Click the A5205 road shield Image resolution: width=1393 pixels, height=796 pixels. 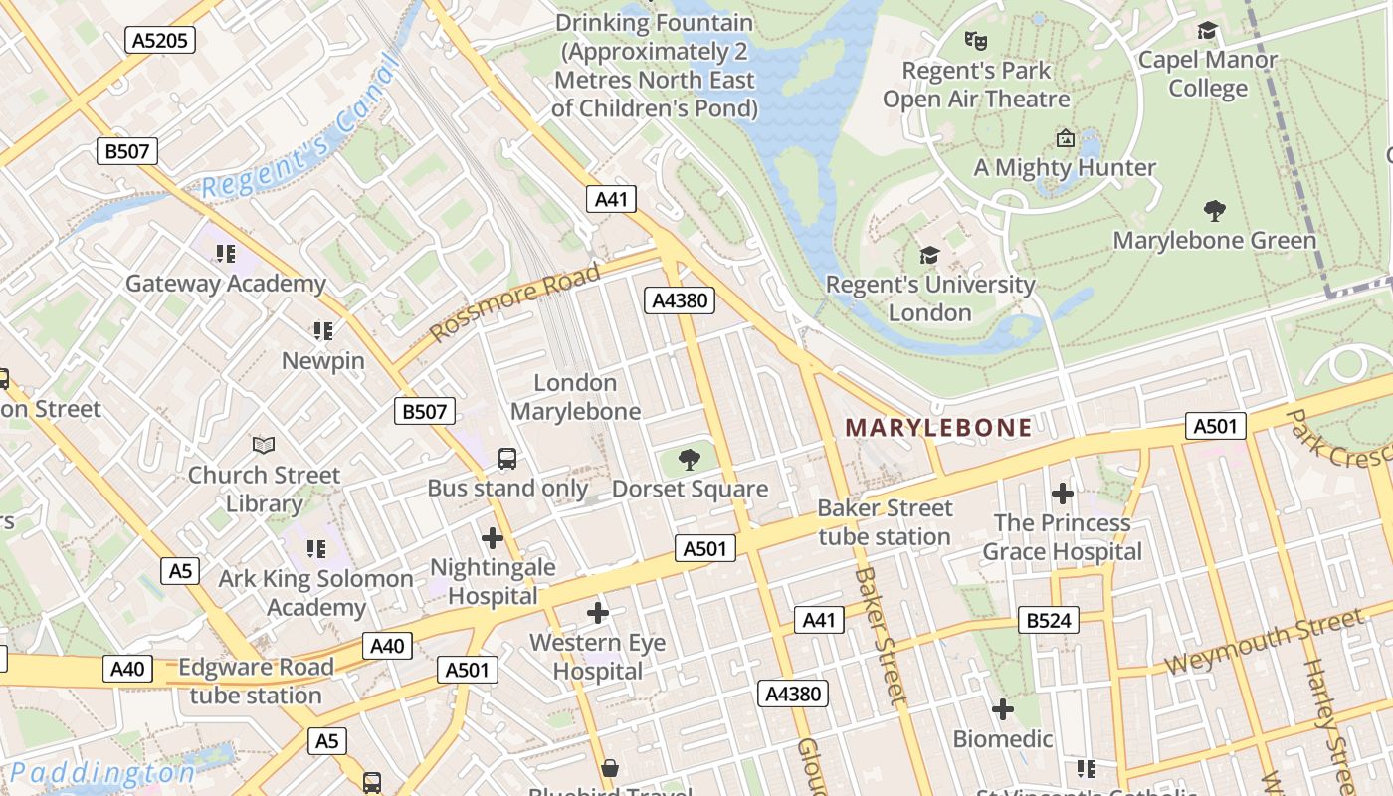click(160, 40)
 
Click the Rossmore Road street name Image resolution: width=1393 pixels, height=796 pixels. click(517, 300)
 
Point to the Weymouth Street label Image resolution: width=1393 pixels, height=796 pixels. click(1262, 645)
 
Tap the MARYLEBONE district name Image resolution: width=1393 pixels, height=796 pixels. click(938, 428)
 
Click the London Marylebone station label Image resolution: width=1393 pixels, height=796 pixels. click(575, 397)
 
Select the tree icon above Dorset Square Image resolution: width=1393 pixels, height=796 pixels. click(689, 459)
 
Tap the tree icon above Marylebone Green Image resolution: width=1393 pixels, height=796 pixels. click(1214, 210)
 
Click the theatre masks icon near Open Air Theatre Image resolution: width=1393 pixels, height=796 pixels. click(975, 41)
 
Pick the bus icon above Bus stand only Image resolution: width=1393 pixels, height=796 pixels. click(507, 459)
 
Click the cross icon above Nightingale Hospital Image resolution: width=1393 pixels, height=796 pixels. click(492, 538)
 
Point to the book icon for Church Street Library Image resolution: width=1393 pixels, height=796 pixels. click(264, 445)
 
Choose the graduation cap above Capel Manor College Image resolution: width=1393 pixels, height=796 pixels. click(1208, 31)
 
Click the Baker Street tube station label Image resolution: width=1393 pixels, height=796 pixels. click(885, 522)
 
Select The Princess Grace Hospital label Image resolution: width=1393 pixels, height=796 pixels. click(1062, 537)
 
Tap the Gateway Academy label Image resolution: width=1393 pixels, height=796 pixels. click(226, 284)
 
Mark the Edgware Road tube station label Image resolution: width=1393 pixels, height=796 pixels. click(256, 681)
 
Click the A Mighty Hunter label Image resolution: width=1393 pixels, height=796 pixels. click(1065, 167)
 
